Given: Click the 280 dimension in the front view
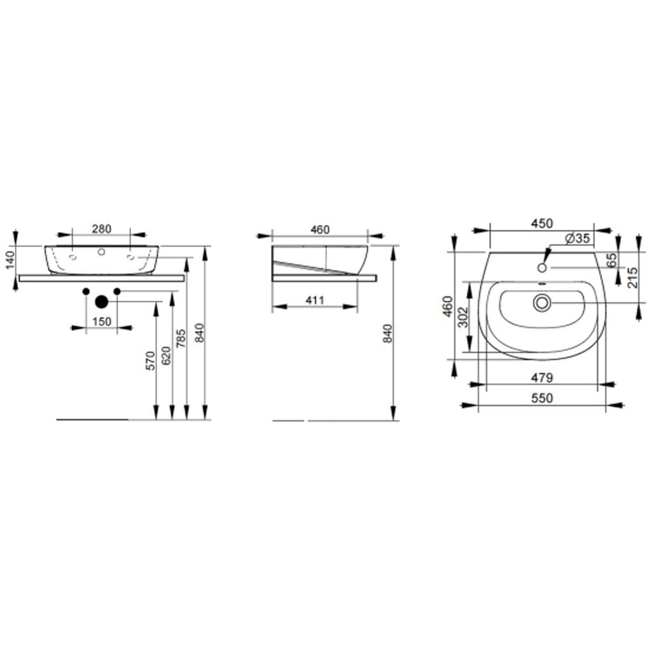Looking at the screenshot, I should [x=102, y=228].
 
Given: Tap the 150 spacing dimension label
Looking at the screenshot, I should [x=102, y=321].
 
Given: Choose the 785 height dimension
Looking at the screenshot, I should [x=181, y=337].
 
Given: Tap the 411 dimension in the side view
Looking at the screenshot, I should [x=314, y=299].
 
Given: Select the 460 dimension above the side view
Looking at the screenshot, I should [x=319, y=229].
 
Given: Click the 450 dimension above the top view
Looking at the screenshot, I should [x=542, y=223].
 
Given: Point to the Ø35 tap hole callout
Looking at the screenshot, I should [x=578, y=238].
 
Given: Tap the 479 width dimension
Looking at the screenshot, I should [x=542, y=377].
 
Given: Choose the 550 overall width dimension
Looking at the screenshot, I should [x=542, y=398].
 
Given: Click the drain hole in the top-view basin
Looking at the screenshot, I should [x=542, y=303].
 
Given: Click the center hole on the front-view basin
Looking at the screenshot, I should [x=101, y=253].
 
